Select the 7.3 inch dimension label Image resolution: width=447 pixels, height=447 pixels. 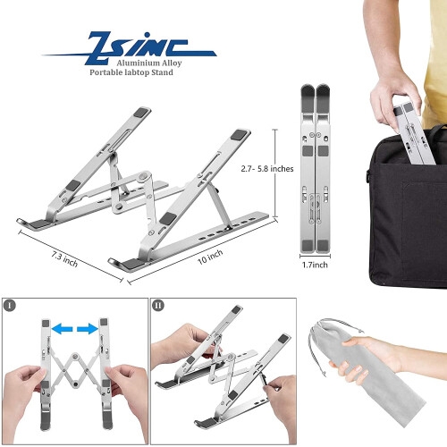64,258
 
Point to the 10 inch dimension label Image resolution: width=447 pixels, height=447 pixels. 210,257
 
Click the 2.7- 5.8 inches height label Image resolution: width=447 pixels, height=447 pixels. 267,169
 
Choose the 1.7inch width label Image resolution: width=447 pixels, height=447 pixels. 315,265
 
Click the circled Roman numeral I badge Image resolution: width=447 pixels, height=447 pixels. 10,306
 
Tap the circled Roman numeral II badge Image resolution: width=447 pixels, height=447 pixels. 158,306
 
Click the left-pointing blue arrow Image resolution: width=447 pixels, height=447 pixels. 63,329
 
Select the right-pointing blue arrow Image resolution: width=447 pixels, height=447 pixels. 88,329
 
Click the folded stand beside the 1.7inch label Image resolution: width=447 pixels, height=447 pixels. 316,168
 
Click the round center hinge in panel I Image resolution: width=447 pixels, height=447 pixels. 75,356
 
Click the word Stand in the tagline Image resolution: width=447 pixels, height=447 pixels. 163,72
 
